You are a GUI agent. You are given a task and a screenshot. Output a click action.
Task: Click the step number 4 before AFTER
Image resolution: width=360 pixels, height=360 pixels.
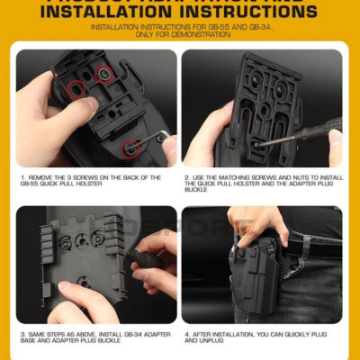click(x=186, y=335)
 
